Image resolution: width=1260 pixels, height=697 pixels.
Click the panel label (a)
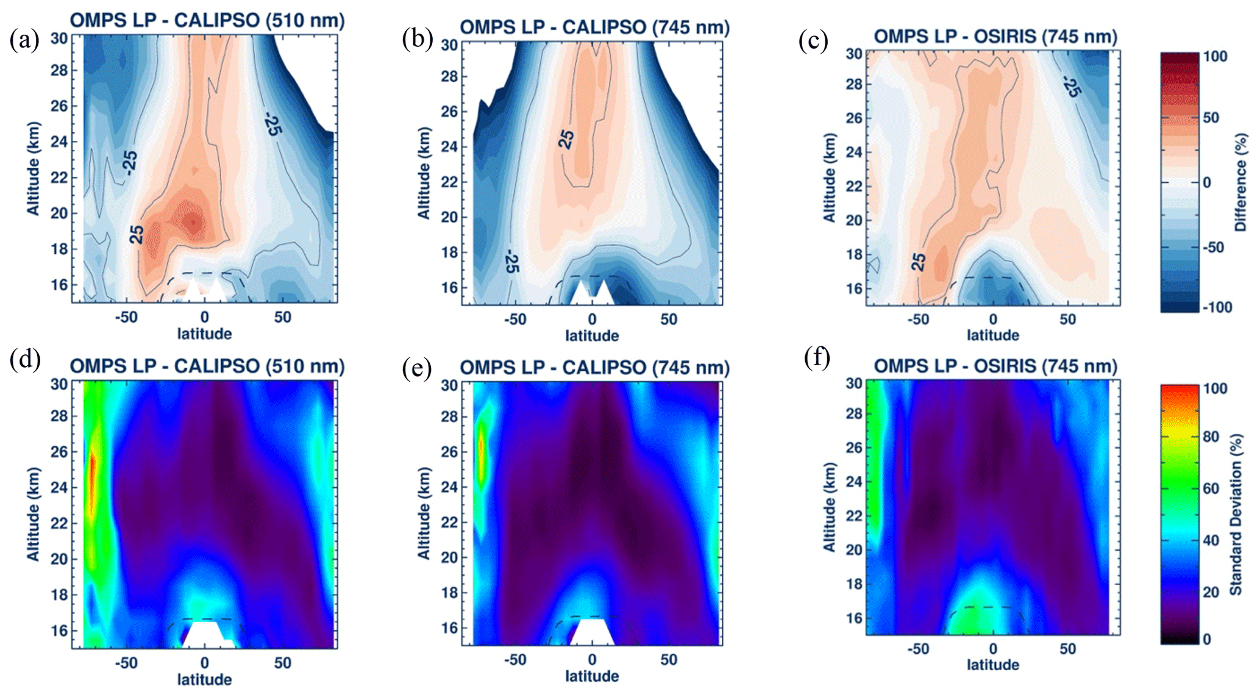coord(24,40)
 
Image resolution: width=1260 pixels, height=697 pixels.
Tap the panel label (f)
coord(817,357)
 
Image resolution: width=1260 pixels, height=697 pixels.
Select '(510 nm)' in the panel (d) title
coord(305,366)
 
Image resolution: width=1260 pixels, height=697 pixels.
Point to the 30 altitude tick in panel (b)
coord(449,45)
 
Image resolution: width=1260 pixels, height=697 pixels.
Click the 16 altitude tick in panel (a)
coord(59,285)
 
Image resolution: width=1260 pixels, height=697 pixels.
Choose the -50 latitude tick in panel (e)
coord(514,659)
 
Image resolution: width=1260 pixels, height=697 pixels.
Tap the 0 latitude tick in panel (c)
coord(993,319)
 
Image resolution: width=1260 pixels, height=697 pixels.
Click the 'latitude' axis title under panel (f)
coord(993,664)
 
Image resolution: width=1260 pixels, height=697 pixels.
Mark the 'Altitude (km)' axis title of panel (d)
coord(33,513)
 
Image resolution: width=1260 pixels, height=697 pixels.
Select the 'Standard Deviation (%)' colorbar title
coord(1236,514)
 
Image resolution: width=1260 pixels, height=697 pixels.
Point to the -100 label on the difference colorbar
coord(1217,307)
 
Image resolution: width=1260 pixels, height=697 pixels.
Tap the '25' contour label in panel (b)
coord(566,139)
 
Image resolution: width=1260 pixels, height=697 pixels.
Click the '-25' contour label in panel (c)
coord(1071,87)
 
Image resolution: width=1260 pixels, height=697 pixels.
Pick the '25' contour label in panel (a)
coord(137,234)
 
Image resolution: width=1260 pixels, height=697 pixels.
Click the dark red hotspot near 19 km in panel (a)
coord(193,221)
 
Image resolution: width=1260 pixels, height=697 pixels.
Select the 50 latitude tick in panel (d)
coord(282,663)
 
